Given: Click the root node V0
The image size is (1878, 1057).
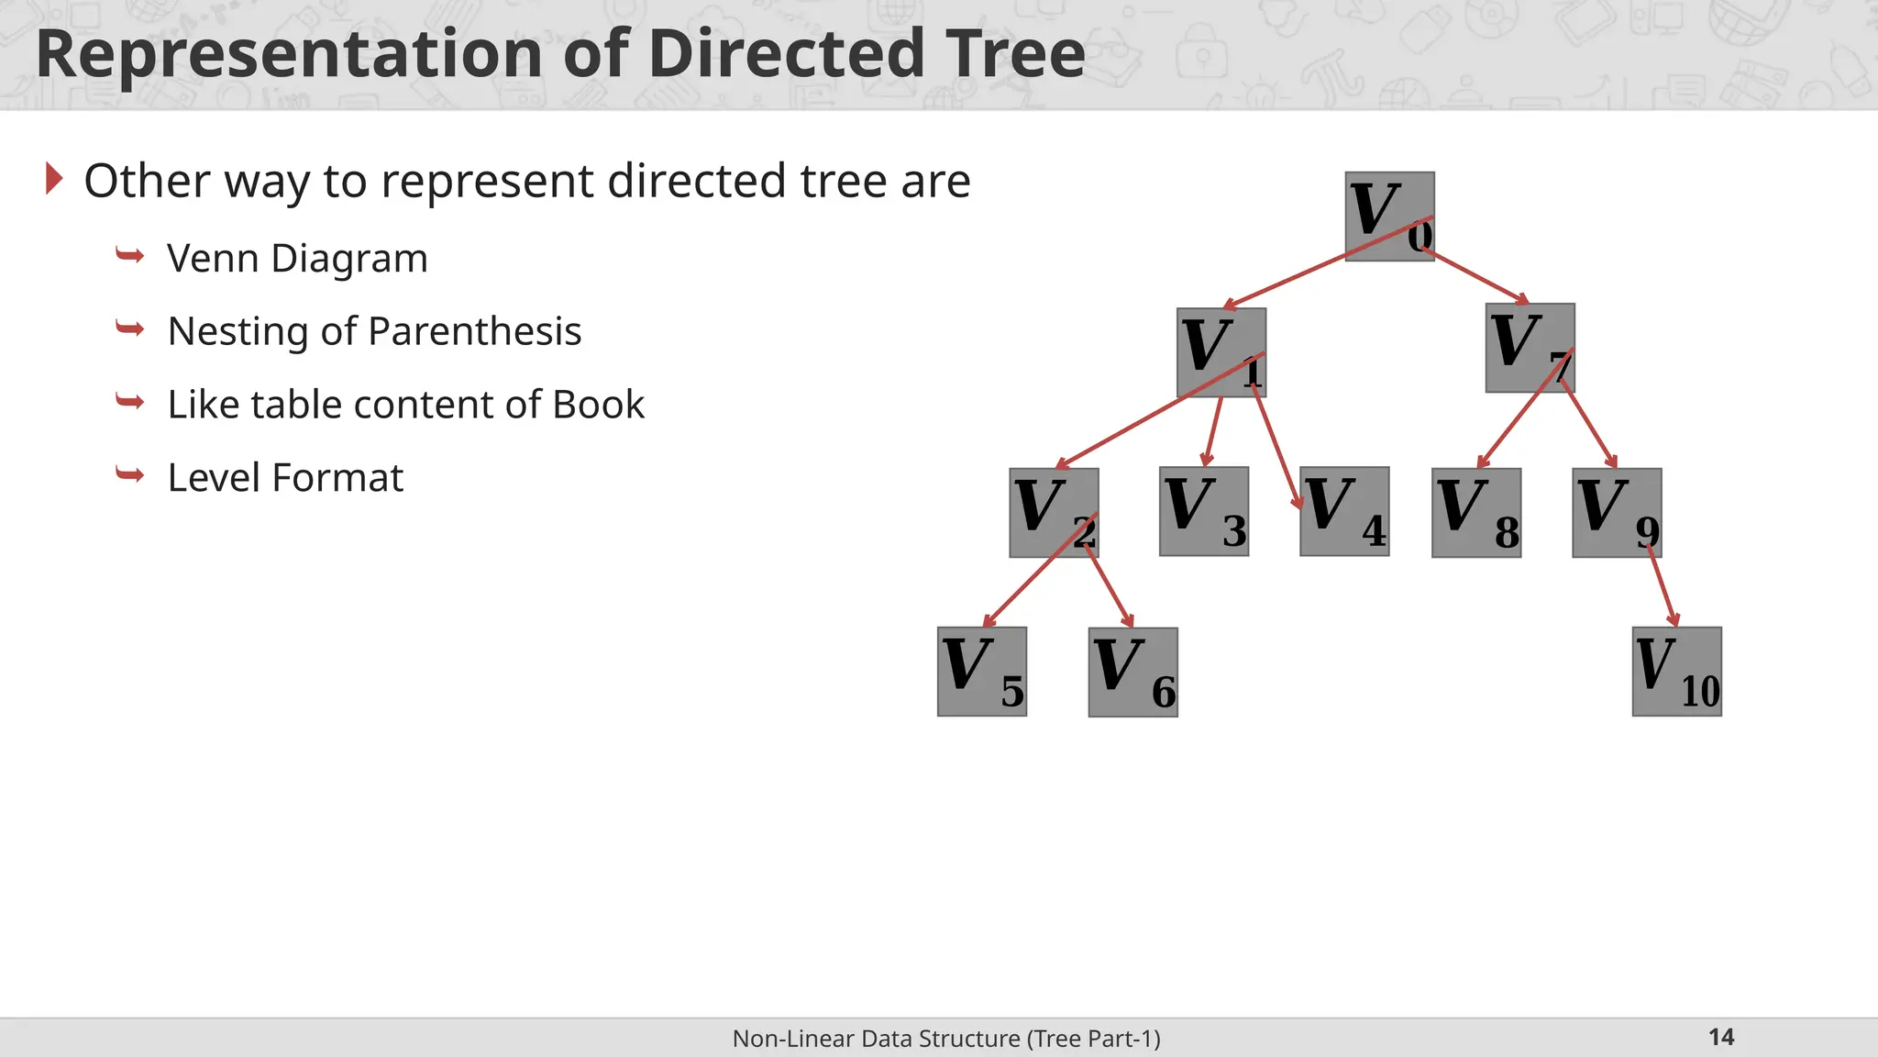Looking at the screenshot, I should (1389, 217).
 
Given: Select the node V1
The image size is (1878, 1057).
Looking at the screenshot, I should (1221, 352).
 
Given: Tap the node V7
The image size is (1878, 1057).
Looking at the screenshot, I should (1530, 348).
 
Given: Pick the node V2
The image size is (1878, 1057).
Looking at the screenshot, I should (1054, 513).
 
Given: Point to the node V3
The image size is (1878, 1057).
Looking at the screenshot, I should (1203, 511).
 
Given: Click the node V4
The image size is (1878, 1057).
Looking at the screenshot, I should (1344, 511).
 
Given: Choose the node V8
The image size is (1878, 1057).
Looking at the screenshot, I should (1476, 513).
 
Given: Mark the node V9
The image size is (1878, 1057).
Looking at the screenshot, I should (1617, 513).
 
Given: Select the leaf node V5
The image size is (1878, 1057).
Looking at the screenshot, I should (981, 672).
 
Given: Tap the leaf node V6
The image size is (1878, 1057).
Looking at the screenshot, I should (1132, 673).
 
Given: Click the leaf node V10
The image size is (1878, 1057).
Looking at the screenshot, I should (1676, 672).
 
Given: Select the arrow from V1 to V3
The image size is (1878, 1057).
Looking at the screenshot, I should (1213, 431).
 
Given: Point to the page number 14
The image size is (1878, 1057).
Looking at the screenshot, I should (1721, 1037).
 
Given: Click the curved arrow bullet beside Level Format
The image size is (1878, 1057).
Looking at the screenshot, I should (130, 474).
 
